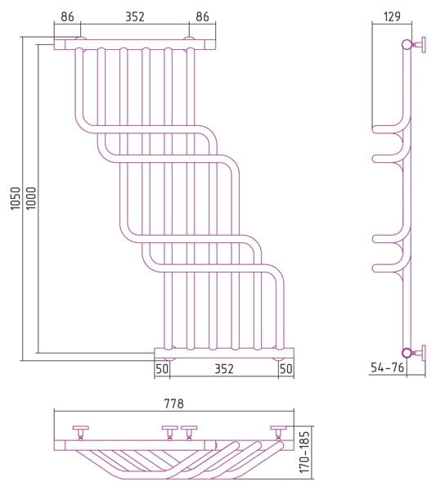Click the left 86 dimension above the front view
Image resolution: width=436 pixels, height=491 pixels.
pyautogui.click(x=67, y=16)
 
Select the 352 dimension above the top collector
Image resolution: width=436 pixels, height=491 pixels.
pyautogui.click(x=135, y=16)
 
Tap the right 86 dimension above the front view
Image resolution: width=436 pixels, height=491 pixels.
pyautogui.click(x=202, y=16)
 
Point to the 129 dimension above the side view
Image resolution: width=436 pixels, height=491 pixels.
pyautogui.click(x=392, y=16)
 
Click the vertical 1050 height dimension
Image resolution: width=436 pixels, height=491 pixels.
pyautogui.click(x=16, y=199)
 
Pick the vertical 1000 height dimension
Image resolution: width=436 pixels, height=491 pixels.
pyautogui.click(x=31, y=199)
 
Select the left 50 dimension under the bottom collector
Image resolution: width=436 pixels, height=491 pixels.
pyautogui.click(x=162, y=369)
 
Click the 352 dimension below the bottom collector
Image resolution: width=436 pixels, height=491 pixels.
pyautogui.click(x=224, y=369)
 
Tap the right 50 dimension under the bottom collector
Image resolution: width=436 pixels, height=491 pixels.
pyautogui.click(x=286, y=369)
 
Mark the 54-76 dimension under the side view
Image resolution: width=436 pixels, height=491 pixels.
pyautogui.click(x=387, y=367)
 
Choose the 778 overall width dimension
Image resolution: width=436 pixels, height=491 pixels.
pyautogui.click(x=174, y=403)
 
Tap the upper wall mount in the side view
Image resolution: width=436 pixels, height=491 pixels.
pyautogui.click(x=420, y=45)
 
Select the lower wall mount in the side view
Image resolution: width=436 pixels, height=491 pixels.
pyautogui.click(x=420, y=354)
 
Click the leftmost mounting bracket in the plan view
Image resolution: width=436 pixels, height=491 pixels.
pyautogui.click(x=80, y=432)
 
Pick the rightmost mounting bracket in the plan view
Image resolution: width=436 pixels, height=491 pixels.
pyautogui.click(x=279, y=432)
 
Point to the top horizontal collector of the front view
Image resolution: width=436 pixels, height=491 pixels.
pyautogui.click(x=135, y=44)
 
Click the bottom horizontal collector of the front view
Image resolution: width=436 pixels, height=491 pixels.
pyautogui.click(x=224, y=354)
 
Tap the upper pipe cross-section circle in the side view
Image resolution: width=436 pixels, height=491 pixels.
pyautogui.click(x=407, y=45)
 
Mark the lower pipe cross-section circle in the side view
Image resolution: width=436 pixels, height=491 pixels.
pyautogui.click(x=407, y=354)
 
